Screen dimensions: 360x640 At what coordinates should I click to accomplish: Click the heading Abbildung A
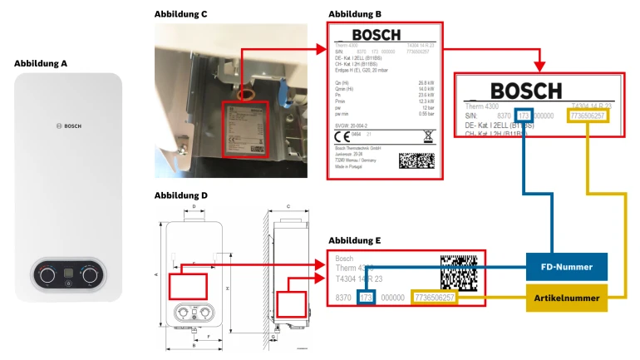(41, 63)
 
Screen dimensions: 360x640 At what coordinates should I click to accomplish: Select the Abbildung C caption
(181, 14)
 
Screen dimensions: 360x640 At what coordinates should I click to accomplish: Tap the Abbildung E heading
(355, 240)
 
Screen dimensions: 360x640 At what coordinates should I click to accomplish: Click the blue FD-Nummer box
(567, 266)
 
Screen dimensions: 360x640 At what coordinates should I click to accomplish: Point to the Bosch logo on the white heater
(69, 125)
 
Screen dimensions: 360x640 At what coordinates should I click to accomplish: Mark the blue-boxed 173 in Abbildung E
(367, 297)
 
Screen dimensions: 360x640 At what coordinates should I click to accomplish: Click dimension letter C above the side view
(288, 205)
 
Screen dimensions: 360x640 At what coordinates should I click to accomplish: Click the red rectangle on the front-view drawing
(188, 286)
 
